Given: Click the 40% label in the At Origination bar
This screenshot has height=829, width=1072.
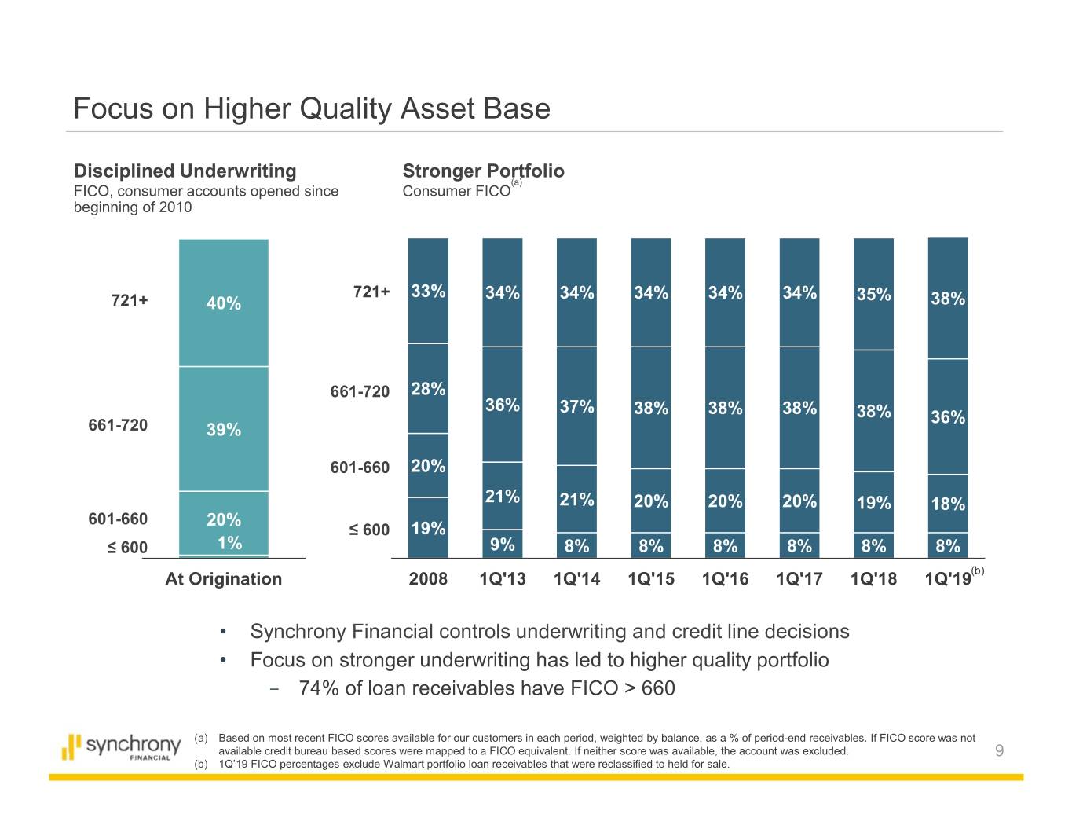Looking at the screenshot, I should [x=224, y=303].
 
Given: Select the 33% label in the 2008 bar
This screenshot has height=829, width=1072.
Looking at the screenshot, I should [x=429, y=292].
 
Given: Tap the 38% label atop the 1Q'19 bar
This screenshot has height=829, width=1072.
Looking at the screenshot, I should [x=948, y=299].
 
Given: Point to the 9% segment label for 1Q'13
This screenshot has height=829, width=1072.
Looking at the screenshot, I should [x=503, y=545].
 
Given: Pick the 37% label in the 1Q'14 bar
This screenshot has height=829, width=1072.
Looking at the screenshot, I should [x=576, y=407].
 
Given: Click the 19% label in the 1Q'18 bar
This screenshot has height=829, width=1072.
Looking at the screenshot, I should [x=873, y=503].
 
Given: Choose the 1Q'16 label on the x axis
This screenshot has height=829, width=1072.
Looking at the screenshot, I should [x=725, y=579].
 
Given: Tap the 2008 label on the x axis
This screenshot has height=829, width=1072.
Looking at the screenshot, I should [x=428, y=579].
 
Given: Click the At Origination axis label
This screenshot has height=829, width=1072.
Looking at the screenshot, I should [x=223, y=579].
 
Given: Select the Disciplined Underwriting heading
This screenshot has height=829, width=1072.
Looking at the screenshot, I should [x=185, y=171].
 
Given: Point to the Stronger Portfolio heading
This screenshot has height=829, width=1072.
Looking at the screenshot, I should [x=483, y=171].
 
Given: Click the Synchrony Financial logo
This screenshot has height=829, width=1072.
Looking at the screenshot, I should [x=121, y=746].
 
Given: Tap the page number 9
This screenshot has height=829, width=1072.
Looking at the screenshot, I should [x=999, y=751].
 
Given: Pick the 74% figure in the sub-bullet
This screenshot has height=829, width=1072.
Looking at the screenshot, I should [x=319, y=688].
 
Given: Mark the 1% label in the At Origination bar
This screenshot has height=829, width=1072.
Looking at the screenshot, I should [x=229, y=544].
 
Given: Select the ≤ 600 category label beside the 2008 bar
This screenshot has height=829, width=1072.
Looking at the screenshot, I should [x=369, y=530].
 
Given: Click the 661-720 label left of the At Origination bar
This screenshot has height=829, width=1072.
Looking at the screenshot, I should [x=118, y=425].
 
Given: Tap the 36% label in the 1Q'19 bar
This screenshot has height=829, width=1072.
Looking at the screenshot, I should [x=948, y=417].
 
